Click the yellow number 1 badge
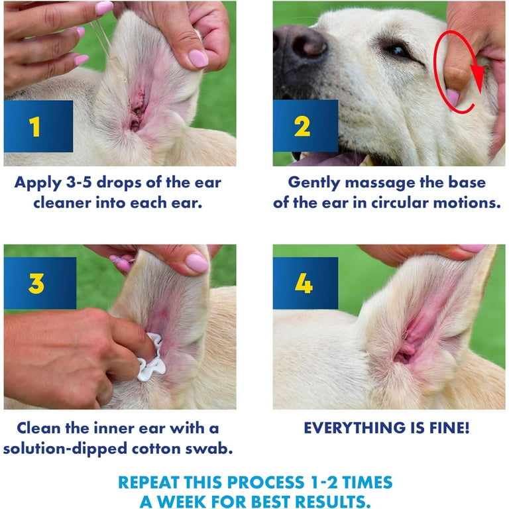(x=34, y=127)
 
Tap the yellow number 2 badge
(x=302, y=127)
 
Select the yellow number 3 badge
(x=36, y=284)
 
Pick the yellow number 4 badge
(x=304, y=284)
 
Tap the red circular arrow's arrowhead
(x=477, y=79)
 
